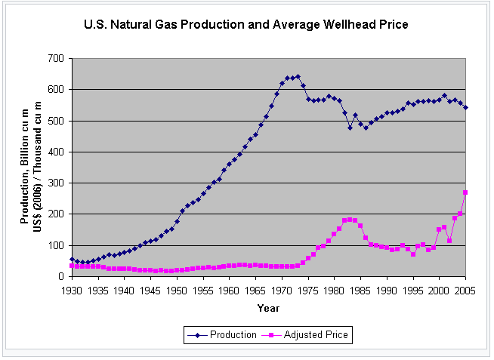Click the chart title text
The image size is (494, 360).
tap(246, 25)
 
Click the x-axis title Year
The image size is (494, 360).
tap(268, 308)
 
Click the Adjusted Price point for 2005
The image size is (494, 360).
tap(465, 192)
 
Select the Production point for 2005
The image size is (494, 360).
tap(465, 107)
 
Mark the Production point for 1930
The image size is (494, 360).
tap(73, 259)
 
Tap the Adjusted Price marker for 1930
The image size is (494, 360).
tap(73, 266)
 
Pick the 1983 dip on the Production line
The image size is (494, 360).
tap(350, 128)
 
